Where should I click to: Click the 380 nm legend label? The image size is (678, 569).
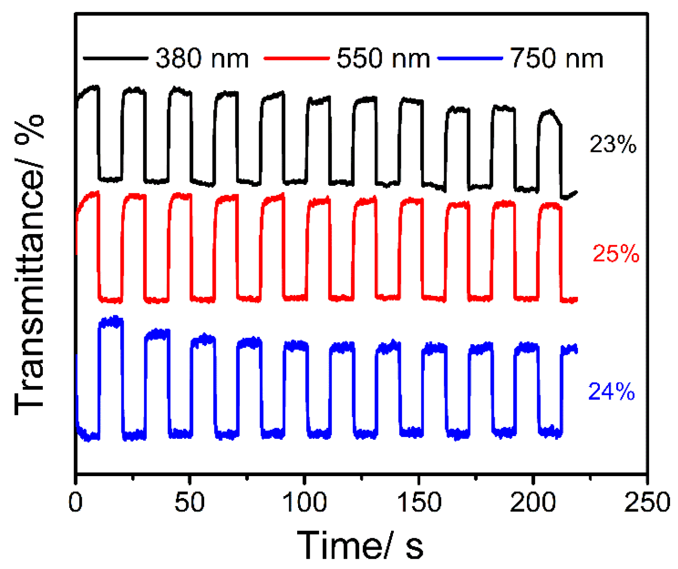[x=202, y=59]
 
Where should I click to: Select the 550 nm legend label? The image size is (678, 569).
[x=383, y=59]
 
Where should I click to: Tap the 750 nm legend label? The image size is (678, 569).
[x=557, y=59]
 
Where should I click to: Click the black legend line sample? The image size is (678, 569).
[x=115, y=59]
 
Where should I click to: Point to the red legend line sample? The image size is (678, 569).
[x=297, y=59]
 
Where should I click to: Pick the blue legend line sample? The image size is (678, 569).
[x=471, y=59]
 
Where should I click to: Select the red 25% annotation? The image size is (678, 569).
[x=616, y=254]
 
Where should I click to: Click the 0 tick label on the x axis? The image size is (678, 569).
[x=76, y=503]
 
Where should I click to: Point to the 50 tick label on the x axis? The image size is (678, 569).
[x=189, y=503]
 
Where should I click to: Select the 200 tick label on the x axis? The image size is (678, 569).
[x=533, y=503]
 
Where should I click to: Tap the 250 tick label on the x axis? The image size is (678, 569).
[x=647, y=503]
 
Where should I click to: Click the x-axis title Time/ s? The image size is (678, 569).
[x=360, y=545]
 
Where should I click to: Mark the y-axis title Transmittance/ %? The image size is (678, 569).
[x=29, y=265]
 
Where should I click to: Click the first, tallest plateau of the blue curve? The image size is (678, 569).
[x=111, y=322]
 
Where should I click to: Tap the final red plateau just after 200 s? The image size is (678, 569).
[x=550, y=206]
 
